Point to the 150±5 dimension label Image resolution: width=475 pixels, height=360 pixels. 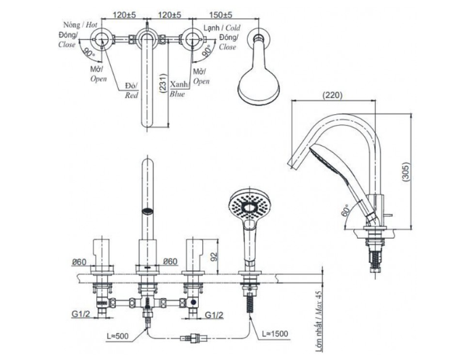221,14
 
